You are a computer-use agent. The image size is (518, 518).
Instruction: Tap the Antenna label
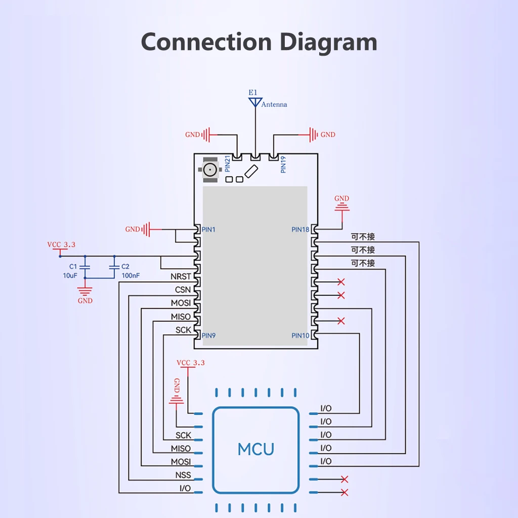pyautogui.click(x=274, y=105)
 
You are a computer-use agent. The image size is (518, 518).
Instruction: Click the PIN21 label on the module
pyautogui.click(x=228, y=165)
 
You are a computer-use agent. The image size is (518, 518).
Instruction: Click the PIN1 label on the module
pyautogui.click(x=208, y=230)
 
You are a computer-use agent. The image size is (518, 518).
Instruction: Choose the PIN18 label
pyautogui.click(x=300, y=230)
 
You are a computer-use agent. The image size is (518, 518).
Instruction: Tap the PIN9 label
pyautogui.click(x=208, y=335)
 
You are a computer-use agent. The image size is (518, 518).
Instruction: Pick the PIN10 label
pyautogui.click(x=300, y=335)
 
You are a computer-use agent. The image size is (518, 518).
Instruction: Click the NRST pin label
pyautogui.click(x=181, y=277)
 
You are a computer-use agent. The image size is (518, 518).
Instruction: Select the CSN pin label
pyautogui.click(x=183, y=290)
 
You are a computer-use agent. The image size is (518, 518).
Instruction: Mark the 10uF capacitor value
pyautogui.click(x=70, y=276)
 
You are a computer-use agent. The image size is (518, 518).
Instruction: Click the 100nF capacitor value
pyautogui.click(x=131, y=276)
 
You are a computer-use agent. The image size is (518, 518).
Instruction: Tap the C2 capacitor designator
pyautogui.click(x=125, y=266)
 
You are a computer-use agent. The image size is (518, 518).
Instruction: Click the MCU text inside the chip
pyautogui.click(x=256, y=449)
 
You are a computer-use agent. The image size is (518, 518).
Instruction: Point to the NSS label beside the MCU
pyautogui.click(x=183, y=475)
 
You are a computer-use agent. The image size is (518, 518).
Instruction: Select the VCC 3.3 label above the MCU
pyautogui.click(x=191, y=363)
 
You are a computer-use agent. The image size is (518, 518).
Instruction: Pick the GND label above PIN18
pyautogui.click(x=342, y=198)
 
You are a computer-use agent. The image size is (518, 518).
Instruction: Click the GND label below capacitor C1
pyautogui.click(x=85, y=300)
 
